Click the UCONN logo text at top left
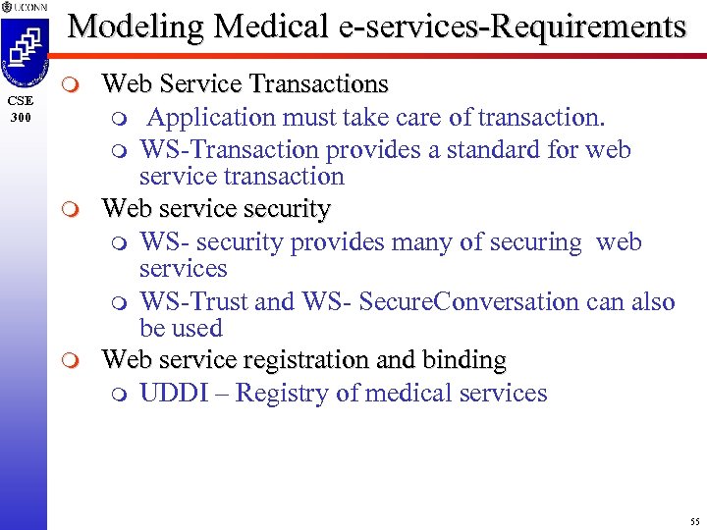tap(27, 7)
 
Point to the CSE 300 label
tap(22, 108)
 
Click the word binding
tap(465, 360)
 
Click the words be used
tap(181, 328)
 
